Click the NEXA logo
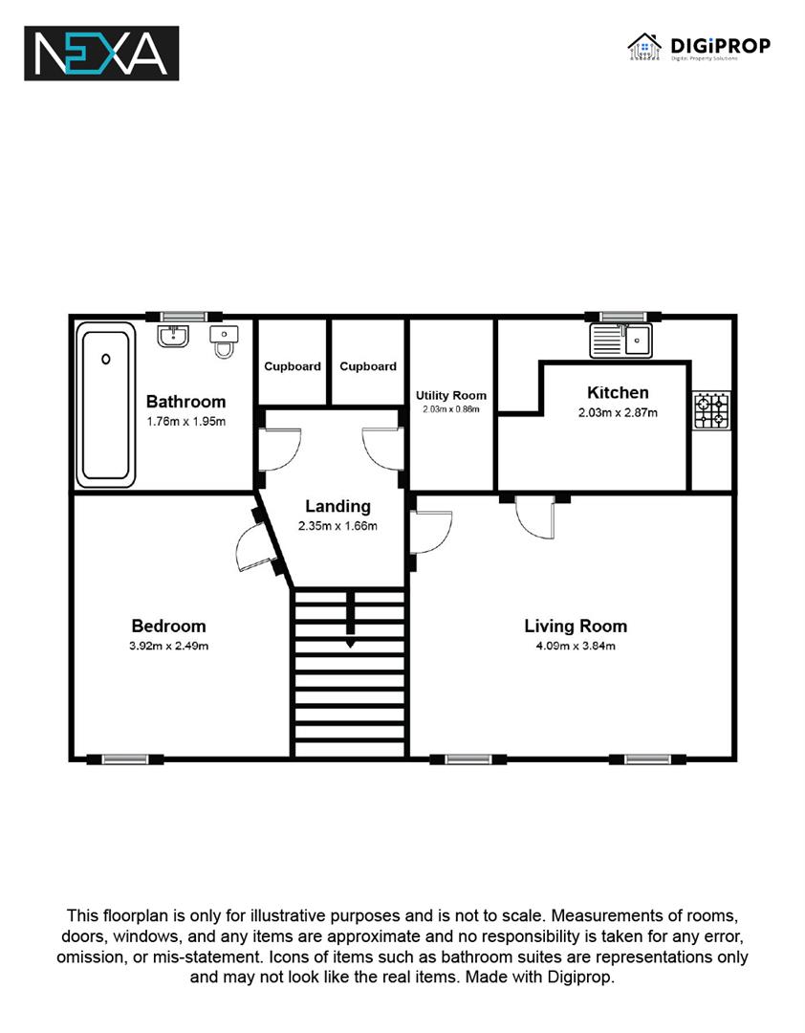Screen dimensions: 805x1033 click(x=101, y=54)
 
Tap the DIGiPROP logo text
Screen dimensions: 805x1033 click(x=720, y=46)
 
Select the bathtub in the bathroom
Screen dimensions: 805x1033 click(x=105, y=405)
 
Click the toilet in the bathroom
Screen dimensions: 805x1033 click(x=224, y=341)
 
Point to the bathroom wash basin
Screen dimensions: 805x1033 click(x=173, y=336)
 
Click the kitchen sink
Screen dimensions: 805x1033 click(x=620, y=341)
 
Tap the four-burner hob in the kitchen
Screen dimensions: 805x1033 click(x=711, y=411)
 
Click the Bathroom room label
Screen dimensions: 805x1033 click(x=185, y=401)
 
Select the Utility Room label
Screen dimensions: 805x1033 click(x=451, y=395)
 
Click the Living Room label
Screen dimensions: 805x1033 click(x=576, y=626)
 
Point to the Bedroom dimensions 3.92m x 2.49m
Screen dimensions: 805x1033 click(x=168, y=647)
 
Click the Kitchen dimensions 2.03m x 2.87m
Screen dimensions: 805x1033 click(x=618, y=413)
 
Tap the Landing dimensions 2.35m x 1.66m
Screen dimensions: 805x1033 click(x=337, y=526)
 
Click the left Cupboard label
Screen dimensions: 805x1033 click(x=293, y=366)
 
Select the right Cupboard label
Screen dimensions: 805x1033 click(x=368, y=366)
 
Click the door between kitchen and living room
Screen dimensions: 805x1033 click(x=535, y=517)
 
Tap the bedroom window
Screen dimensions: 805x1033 click(x=125, y=759)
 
